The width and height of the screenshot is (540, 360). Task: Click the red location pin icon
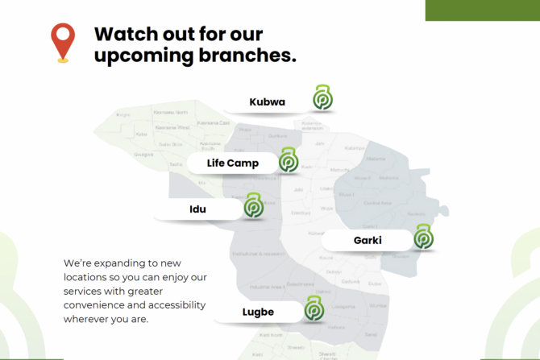[x=62, y=39]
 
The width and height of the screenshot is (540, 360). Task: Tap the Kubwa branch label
[x=267, y=102]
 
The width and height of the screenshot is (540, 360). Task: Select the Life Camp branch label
[x=232, y=163]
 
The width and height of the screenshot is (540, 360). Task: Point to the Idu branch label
[x=197, y=209]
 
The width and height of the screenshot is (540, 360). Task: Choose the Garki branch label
[x=367, y=240]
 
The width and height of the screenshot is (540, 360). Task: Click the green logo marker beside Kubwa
[x=323, y=98]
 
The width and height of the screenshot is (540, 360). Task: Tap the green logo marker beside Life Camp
[x=289, y=160]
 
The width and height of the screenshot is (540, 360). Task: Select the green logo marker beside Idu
[x=254, y=206]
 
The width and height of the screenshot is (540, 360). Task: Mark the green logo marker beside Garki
[x=423, y=237]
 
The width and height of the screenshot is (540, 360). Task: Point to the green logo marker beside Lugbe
[x=314, y=308]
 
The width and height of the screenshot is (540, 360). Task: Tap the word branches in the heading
[x=249, y=56]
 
